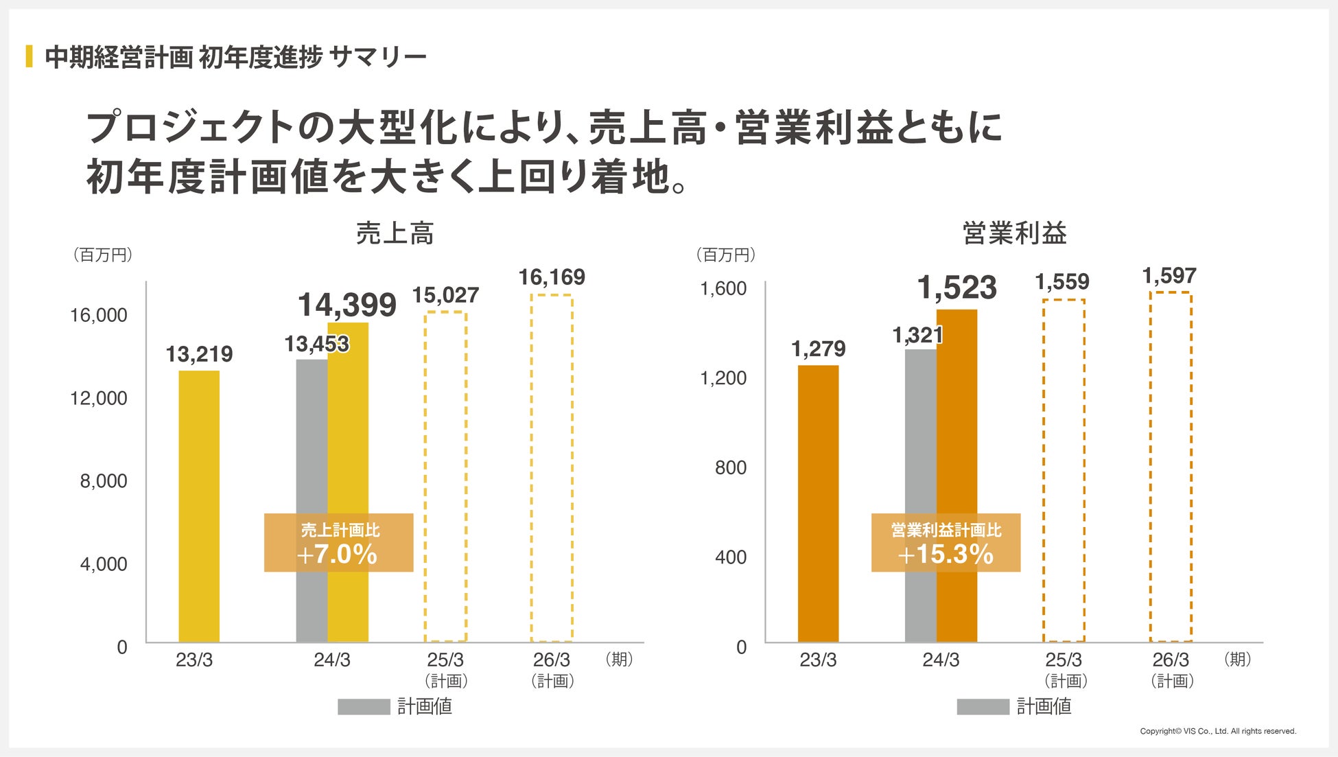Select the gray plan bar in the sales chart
click(x=311, y=446)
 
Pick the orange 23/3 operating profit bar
click(x=818, y=504)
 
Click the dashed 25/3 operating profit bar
click(x=1064, y=471)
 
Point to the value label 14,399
click(x=347, y=305)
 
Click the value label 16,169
click(x=552, y=277)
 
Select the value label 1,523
click(x=956, y=288)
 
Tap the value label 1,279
click(x=818, y=349)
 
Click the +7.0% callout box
click(x=338, y=543)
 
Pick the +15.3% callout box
click(x=946, y=543)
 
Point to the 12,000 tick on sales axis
click(x=99, y=398)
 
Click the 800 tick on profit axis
click(x=731, y=467)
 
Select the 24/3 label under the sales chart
click(x=332, y=660)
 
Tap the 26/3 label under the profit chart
click(x=1171, y=660)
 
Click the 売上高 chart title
click(x=395, y=234)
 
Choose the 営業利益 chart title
click(x=1015, y=234)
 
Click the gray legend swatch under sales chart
click(x=364, y=707)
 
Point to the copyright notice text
click(x=1218, y=732)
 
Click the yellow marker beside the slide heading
click(x=29, y=56)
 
